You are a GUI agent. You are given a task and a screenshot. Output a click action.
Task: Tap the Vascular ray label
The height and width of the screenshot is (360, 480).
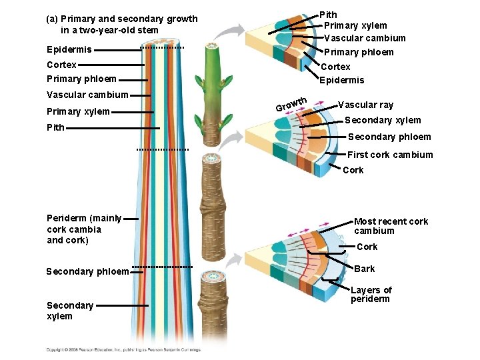click(x=365, y=105)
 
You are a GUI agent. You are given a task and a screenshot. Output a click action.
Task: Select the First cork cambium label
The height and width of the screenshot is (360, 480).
click(x=390, y=155)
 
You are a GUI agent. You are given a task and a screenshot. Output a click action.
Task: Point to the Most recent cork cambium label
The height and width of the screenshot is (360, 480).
click(x=391, y=226)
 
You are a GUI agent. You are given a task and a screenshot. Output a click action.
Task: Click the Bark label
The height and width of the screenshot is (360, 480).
click(x=365, y=269)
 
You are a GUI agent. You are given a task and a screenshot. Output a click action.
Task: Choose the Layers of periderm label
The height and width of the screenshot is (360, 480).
click(x=371, y=294)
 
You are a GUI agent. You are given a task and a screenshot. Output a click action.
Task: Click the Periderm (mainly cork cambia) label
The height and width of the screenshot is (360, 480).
click(x=84, y=229)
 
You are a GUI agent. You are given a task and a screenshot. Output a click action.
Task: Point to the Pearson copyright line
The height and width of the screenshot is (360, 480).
click(x=123, y=349)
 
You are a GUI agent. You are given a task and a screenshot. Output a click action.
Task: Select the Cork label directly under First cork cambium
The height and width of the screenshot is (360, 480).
click(x=353, y=170)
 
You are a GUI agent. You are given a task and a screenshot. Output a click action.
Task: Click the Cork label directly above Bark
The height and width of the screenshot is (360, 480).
click(x=367, y=247)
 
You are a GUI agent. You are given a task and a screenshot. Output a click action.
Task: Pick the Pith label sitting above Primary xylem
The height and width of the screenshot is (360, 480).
click(x=329, y=14)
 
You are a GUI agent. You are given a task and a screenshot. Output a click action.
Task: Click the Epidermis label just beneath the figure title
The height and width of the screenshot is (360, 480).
click(x=69, y=49)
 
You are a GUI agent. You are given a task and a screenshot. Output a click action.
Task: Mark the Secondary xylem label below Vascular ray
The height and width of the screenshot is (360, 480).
click(x=383, y=120)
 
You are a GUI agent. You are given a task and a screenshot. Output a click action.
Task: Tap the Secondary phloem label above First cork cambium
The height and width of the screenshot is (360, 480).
click(x=389, y=137)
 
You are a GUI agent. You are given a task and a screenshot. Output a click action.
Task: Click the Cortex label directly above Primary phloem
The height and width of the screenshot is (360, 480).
click(x=61, y=65)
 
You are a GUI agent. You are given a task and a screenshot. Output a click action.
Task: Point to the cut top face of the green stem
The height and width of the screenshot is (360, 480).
click(x=214, y=46)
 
